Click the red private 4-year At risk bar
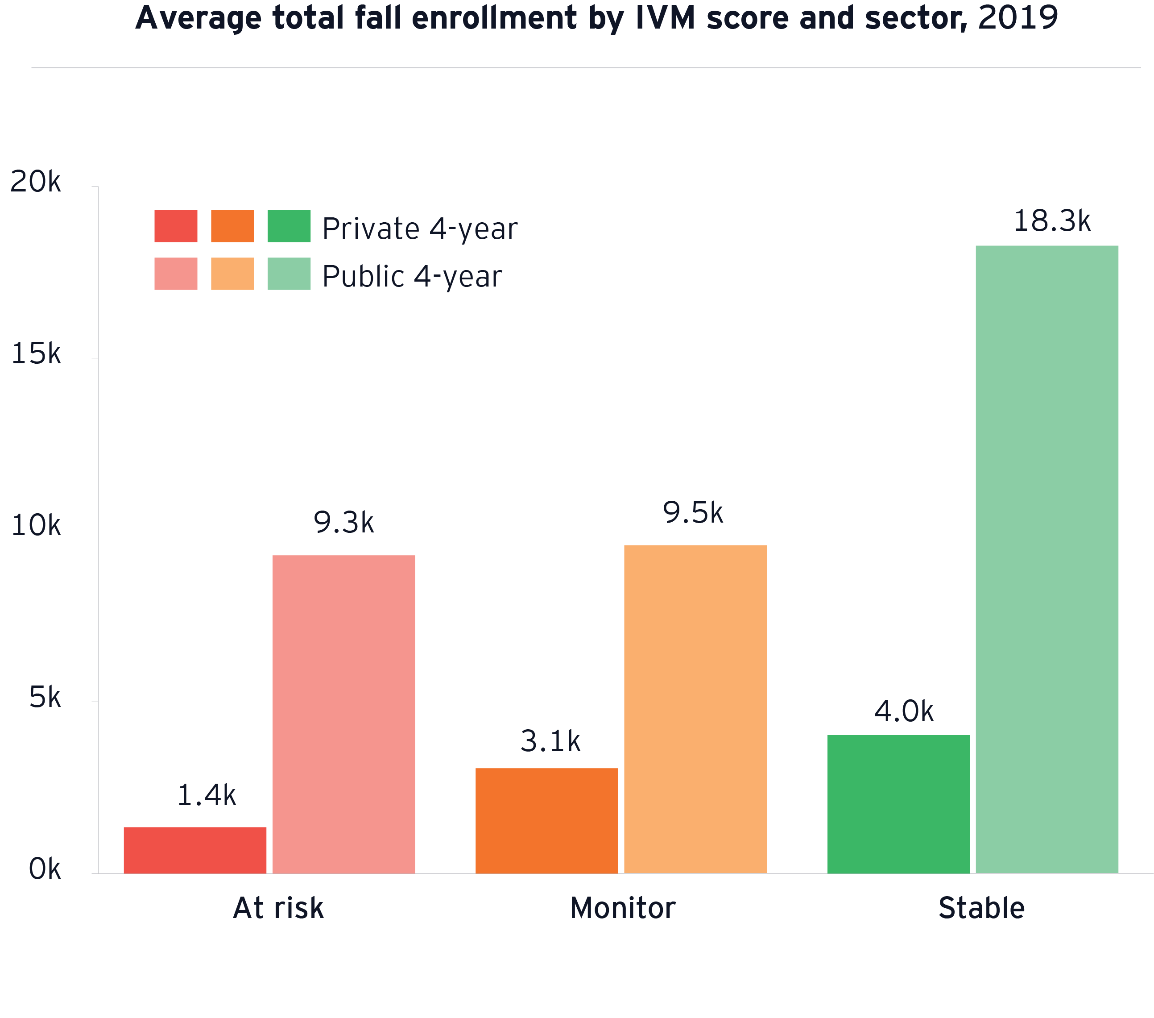tap(195, 850)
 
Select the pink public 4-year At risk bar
tap(343, 714)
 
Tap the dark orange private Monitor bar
tap(546, 820)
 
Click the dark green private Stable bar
tap(898, 804)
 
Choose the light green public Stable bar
tap(1047, 559)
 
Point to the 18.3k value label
tap(1052, 221)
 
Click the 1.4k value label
tap(206, 795)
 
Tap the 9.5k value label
tap(693, 512)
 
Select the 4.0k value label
tap(904, 711)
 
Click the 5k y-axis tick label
tap(45, 698)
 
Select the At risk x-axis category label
tap(278, 908)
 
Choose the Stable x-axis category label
tap(981, 908)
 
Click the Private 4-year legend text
tap(419, 229)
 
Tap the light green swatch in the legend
tap(289, 274)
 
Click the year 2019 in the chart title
tap(1018, 18)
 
